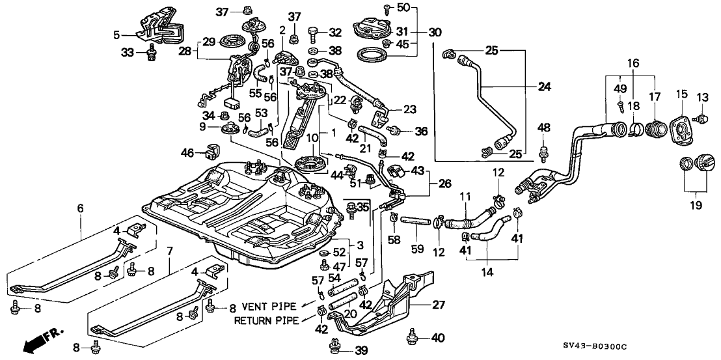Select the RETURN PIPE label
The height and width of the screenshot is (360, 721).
(x=266, y=320)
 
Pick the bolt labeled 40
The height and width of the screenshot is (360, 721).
(x=411, y=337)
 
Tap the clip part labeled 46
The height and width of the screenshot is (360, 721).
(x=211, y=152)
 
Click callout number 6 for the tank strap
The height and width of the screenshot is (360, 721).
(x=80, y=208)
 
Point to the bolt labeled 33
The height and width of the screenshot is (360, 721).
(x=153, y=53)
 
